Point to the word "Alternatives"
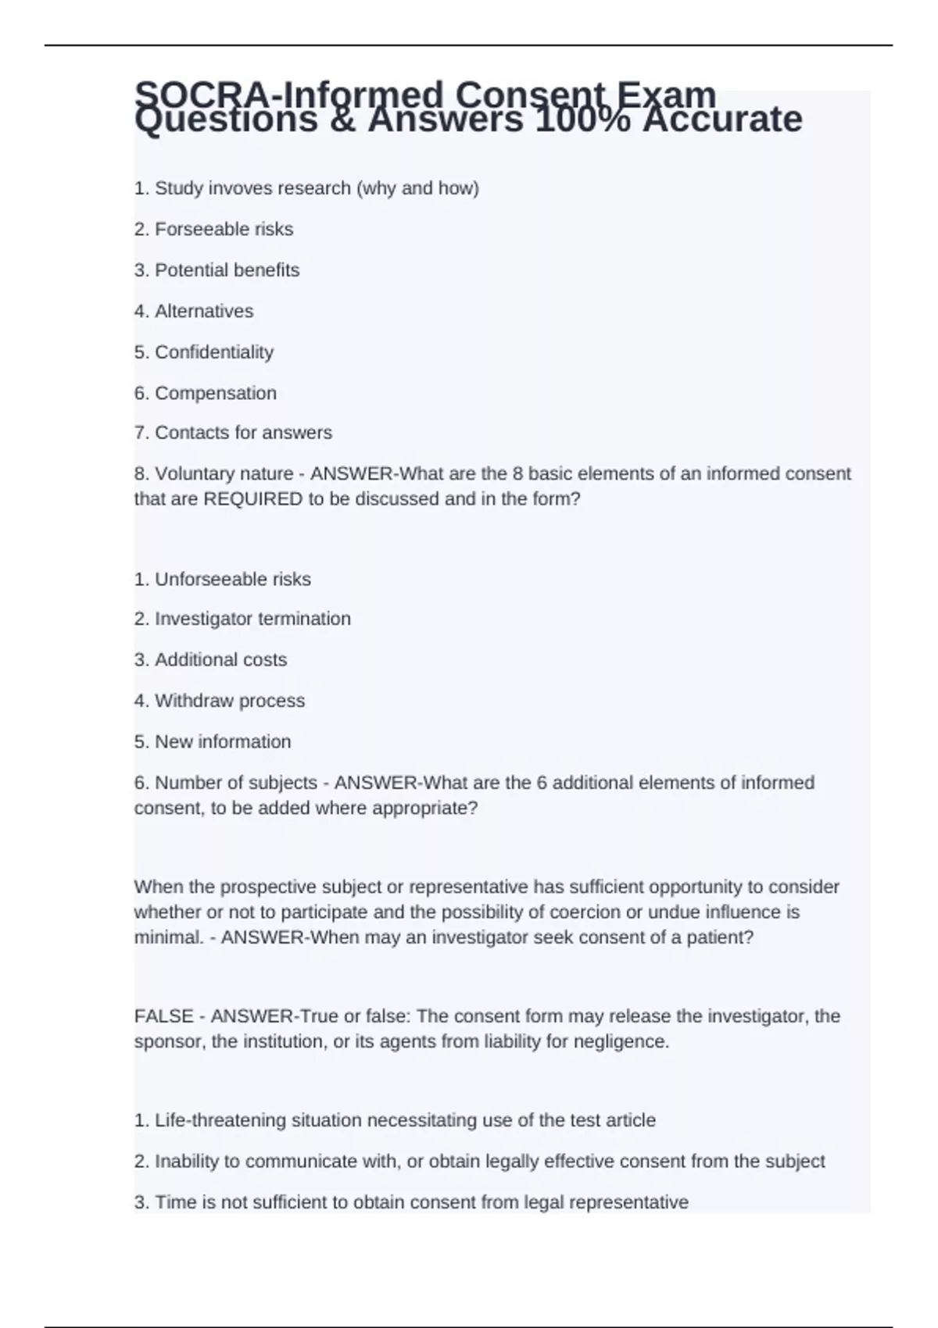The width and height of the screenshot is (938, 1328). [x=204, y=311]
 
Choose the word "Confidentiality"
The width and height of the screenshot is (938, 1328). [x=214, y=352]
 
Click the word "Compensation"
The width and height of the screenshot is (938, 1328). [x=216, y=393]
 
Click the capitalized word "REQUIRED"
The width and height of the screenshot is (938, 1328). [x=252, y=499]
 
